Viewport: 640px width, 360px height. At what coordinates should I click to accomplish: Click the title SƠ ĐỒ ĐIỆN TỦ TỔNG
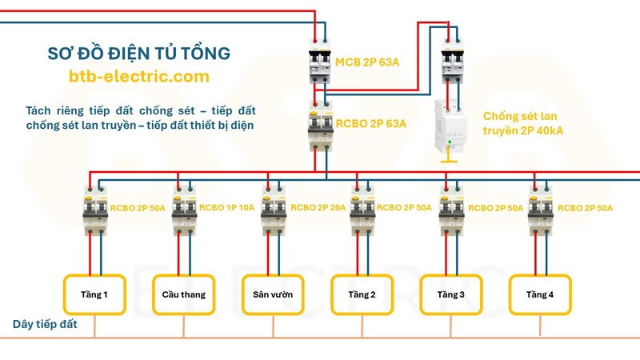pyautogui.click(x=139, y=54)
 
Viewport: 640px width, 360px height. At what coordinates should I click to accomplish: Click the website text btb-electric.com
pyautogui.click(x=139, y=77)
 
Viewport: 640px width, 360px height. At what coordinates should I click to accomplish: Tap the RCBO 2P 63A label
pyautogui.click(x=370, y=124)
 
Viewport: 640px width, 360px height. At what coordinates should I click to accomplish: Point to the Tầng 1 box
pyautogui.click(x=95, y=294)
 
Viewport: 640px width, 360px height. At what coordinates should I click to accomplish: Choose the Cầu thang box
pyautogui.click(x=184, y=294)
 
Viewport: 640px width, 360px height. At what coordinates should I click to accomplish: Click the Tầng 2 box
pyautogui.click(x=362, y=294)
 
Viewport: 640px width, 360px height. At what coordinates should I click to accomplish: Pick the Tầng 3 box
pyautogui.click(x=451, y=294)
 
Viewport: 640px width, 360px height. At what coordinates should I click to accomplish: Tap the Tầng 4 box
pyautogui.click(x=540, y=294)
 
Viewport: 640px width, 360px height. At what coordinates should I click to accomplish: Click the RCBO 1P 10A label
pyautogui.click(x=227, y=208)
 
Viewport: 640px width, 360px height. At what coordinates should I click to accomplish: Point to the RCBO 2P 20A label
pyautogui.click(x=318, y=208)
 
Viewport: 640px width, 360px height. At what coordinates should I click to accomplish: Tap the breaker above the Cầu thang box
pyautogui.click(x=185, y=210)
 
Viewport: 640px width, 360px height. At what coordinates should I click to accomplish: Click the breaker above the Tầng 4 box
pyautogui.click(x=540, y=210)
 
